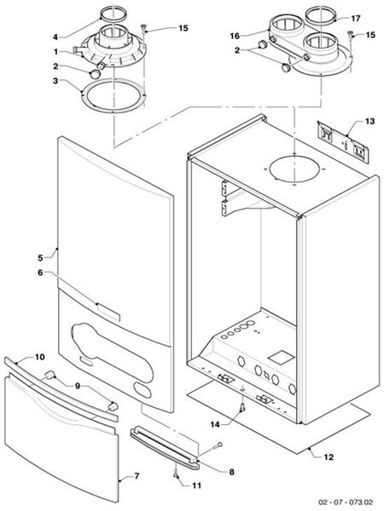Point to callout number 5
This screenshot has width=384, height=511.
[40, 255]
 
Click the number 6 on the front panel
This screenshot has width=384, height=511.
[40, 273]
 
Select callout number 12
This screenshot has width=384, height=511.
[329, 457]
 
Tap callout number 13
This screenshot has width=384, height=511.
[369, 123]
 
